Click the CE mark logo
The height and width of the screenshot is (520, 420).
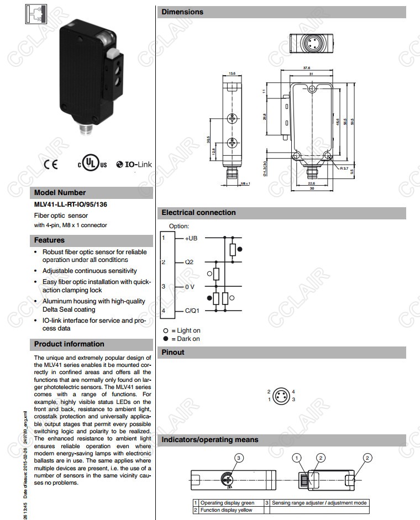pyautogui.click(x=50, y=164)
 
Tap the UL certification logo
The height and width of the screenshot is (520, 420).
pyautogui.click(x=92, y=164)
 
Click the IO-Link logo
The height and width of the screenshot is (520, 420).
pyautogui.click(x=134, y=164)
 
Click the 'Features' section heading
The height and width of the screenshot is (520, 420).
pyautogui.click(x=49, y=240)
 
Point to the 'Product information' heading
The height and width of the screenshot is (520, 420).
pyautogui.click(x=69, y=344)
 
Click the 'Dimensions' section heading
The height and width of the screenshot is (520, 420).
pyautogui.click(x=182, y=12)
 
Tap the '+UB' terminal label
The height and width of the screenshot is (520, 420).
pyautogui.click(x=191, y=238)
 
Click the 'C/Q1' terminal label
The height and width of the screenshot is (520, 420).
pyautogui.click(x=192, y=311)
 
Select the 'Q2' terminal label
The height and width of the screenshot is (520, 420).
pyautogui.click(x=189, y=262)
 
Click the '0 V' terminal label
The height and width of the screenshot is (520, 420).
pyautogui.click(x=190, y=287)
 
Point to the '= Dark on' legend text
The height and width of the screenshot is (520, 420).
pyautogui.click(x=185, y=339)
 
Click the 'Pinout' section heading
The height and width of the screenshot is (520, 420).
pyautogui.click(x=173, y=352)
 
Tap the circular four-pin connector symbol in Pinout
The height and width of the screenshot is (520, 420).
pyautogui.click(x=282, y=395)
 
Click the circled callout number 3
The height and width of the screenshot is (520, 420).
pyautogui.click(x=239, y=458)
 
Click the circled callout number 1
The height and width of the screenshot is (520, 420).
pyautogui.click(x=297, y=458)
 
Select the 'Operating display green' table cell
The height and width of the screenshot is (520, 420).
pyautogui.click(x=227, y=503)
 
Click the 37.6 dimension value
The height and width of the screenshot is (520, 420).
pyautogui.click(x=306, y=69)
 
